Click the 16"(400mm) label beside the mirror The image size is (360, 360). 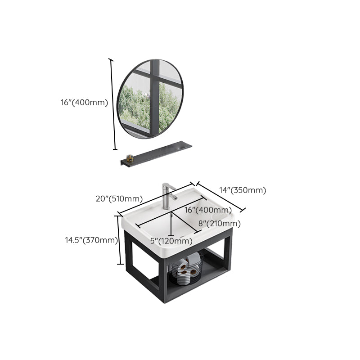pyautogui.click(x=84, y=103)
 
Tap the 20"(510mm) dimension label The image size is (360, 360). pyautogui.click(x=119, y=198)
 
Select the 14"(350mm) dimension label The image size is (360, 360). pyautogui.click(x=243, y=190)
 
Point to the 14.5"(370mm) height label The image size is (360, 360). pyautogui.click(x=91, y=240)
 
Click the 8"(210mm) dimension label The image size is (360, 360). pyautogui.click(x=220, y=224)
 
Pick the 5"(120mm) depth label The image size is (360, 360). pyautogui.click(x=171, y=241)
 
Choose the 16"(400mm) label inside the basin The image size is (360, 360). pyautogui.click(x=208, y=210)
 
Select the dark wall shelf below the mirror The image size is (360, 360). pyautogui.click(x=156, y=153)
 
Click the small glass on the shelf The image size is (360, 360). pyautogui.click(x=130, y=158)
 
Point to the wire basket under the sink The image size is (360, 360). pyautogui.click(x=186, y=268)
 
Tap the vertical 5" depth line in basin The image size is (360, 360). pyautogui.click(x=171, y=224)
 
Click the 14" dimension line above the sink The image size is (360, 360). pyautogui.click(x=221, y=197)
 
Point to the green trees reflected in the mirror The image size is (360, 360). pyautogui.click(x=149, y=108)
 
